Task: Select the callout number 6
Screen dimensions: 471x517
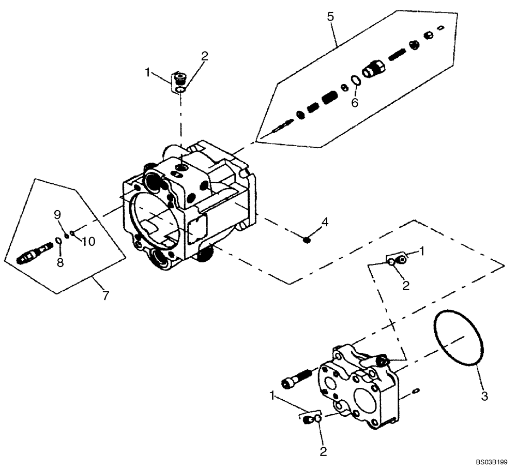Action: coord(355,103)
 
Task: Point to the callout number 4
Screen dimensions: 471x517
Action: coord(324,222)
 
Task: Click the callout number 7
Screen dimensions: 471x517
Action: coord(106,296)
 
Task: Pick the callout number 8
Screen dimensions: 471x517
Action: coord(60,262)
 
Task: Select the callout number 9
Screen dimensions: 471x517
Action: coord(58,214)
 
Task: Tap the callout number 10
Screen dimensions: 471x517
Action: coord(88,241)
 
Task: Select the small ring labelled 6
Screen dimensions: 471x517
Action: coord(356,80)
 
